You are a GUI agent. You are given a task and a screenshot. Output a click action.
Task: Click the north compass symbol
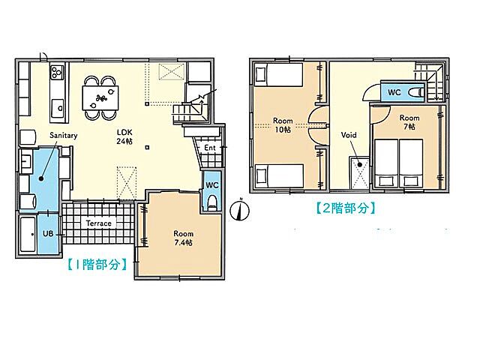(x=240, y=210)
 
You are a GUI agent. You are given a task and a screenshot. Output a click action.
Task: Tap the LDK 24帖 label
(x=124, y=136)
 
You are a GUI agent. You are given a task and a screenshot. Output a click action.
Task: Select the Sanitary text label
(x=63, y=135)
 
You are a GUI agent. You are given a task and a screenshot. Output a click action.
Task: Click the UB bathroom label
(x=48, y=234)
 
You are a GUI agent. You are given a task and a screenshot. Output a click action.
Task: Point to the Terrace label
(x=98, y=223)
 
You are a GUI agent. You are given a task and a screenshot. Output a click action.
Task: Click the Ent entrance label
(x=210, y=148)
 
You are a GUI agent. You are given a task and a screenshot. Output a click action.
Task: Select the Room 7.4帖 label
(x=183, y=238)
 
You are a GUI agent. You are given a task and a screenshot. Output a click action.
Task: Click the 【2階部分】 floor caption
(x=346, y=208)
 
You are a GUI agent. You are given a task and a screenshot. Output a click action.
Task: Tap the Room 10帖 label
(x=283, y=125)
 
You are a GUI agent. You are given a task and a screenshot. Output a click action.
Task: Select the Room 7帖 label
(x=409, y=122)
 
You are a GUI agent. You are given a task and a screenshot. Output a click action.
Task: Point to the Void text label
(x=349, y=135)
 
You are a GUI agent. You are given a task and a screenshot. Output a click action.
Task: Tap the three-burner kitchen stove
(x=57, y=73)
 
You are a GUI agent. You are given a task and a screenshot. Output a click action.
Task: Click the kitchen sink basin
(x=58, y=108)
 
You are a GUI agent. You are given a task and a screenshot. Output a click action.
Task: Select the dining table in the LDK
(x=100, y=98)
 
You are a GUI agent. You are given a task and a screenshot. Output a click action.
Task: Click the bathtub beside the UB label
(x=28, y=234)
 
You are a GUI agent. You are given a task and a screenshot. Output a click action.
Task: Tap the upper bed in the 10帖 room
(x=278, y=74)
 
